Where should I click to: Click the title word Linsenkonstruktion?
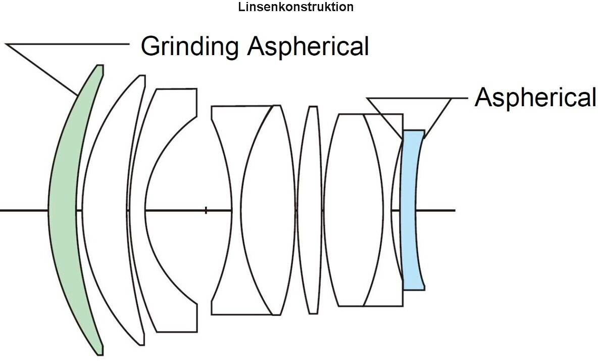coord(295,7)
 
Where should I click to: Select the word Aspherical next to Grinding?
coord(308,47)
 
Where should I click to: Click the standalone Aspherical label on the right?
coord(535,98)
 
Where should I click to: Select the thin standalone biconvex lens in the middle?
coord(310,210)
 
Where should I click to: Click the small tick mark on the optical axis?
coord(206,210)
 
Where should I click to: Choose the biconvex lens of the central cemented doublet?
coord(267,210)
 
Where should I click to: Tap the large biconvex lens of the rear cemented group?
coord(354,210)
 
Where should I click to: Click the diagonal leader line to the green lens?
coord(41,69)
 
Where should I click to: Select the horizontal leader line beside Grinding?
coord(68,44)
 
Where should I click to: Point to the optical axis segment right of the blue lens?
coord(435,210)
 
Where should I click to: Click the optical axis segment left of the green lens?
coord(24,210)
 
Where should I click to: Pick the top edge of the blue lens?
coord(413,130)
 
